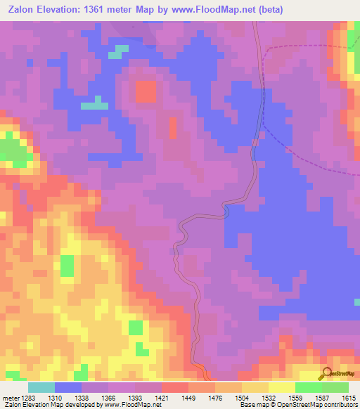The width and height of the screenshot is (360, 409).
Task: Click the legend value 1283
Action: click(27, 397)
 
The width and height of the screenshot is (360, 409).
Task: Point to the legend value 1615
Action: click(349, 397)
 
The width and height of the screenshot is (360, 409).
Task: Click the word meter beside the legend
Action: click(9, 397)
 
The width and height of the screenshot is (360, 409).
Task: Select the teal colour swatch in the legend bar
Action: click(41, 387)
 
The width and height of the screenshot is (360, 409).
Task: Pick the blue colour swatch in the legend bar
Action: click(68, 387)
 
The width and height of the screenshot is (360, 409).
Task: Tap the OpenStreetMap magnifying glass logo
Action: click(327, 374)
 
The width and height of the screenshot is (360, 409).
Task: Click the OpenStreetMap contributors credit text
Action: click(321, 405)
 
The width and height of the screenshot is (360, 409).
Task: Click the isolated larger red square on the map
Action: click(146, 91)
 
